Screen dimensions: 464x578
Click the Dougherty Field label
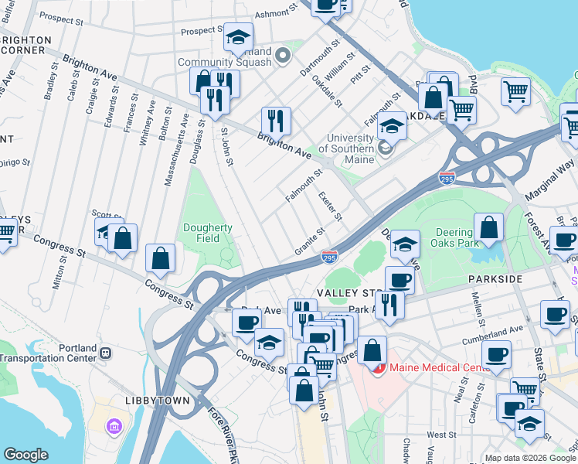207,234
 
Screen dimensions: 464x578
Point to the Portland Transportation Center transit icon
106,353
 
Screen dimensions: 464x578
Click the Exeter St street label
329,206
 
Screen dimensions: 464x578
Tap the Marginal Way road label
552,175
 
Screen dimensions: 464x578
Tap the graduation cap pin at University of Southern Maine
393,125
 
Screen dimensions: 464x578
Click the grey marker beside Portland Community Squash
283,55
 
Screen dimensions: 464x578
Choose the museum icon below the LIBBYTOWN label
114,426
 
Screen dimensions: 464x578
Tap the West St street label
437,435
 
